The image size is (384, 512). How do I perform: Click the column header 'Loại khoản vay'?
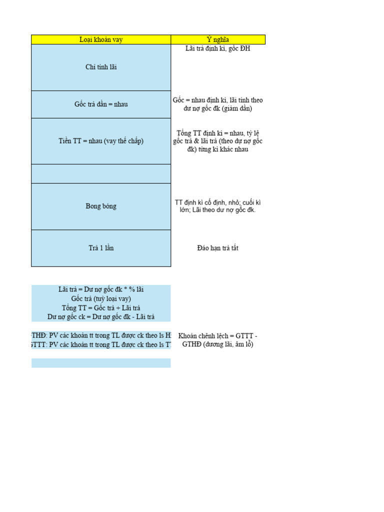(101, 39)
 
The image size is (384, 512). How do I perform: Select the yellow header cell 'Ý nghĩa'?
(218, 39)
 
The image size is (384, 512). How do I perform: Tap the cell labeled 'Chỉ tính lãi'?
(101, 67)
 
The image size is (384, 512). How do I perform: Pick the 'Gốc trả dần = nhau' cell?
(101, 104)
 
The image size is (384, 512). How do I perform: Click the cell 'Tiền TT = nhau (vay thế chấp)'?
(101, 141)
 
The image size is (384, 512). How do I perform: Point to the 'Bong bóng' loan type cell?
(101, 206)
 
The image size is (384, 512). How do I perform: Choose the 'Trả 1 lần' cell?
(101, 248)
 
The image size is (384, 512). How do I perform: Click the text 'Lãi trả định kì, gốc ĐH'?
(218, 49)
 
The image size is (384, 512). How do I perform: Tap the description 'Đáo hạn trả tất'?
(218, 248)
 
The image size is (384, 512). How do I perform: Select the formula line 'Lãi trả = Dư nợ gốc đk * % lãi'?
(101, 289)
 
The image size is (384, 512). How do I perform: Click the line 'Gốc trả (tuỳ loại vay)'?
(101, 298)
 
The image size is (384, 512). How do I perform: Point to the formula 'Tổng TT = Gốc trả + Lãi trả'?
(101, 307)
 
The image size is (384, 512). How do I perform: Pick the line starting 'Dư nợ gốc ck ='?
(101, 316)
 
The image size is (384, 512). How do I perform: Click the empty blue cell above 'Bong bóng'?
(101, 173)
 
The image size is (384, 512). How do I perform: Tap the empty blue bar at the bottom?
(101, 363)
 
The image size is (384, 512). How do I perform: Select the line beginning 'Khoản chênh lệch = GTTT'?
(218, 335)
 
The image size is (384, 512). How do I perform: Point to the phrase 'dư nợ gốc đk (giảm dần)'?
(218, 108)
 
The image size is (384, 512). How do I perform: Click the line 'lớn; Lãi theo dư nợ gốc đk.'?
(218, 210)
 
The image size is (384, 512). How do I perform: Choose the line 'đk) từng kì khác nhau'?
(218, 149)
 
